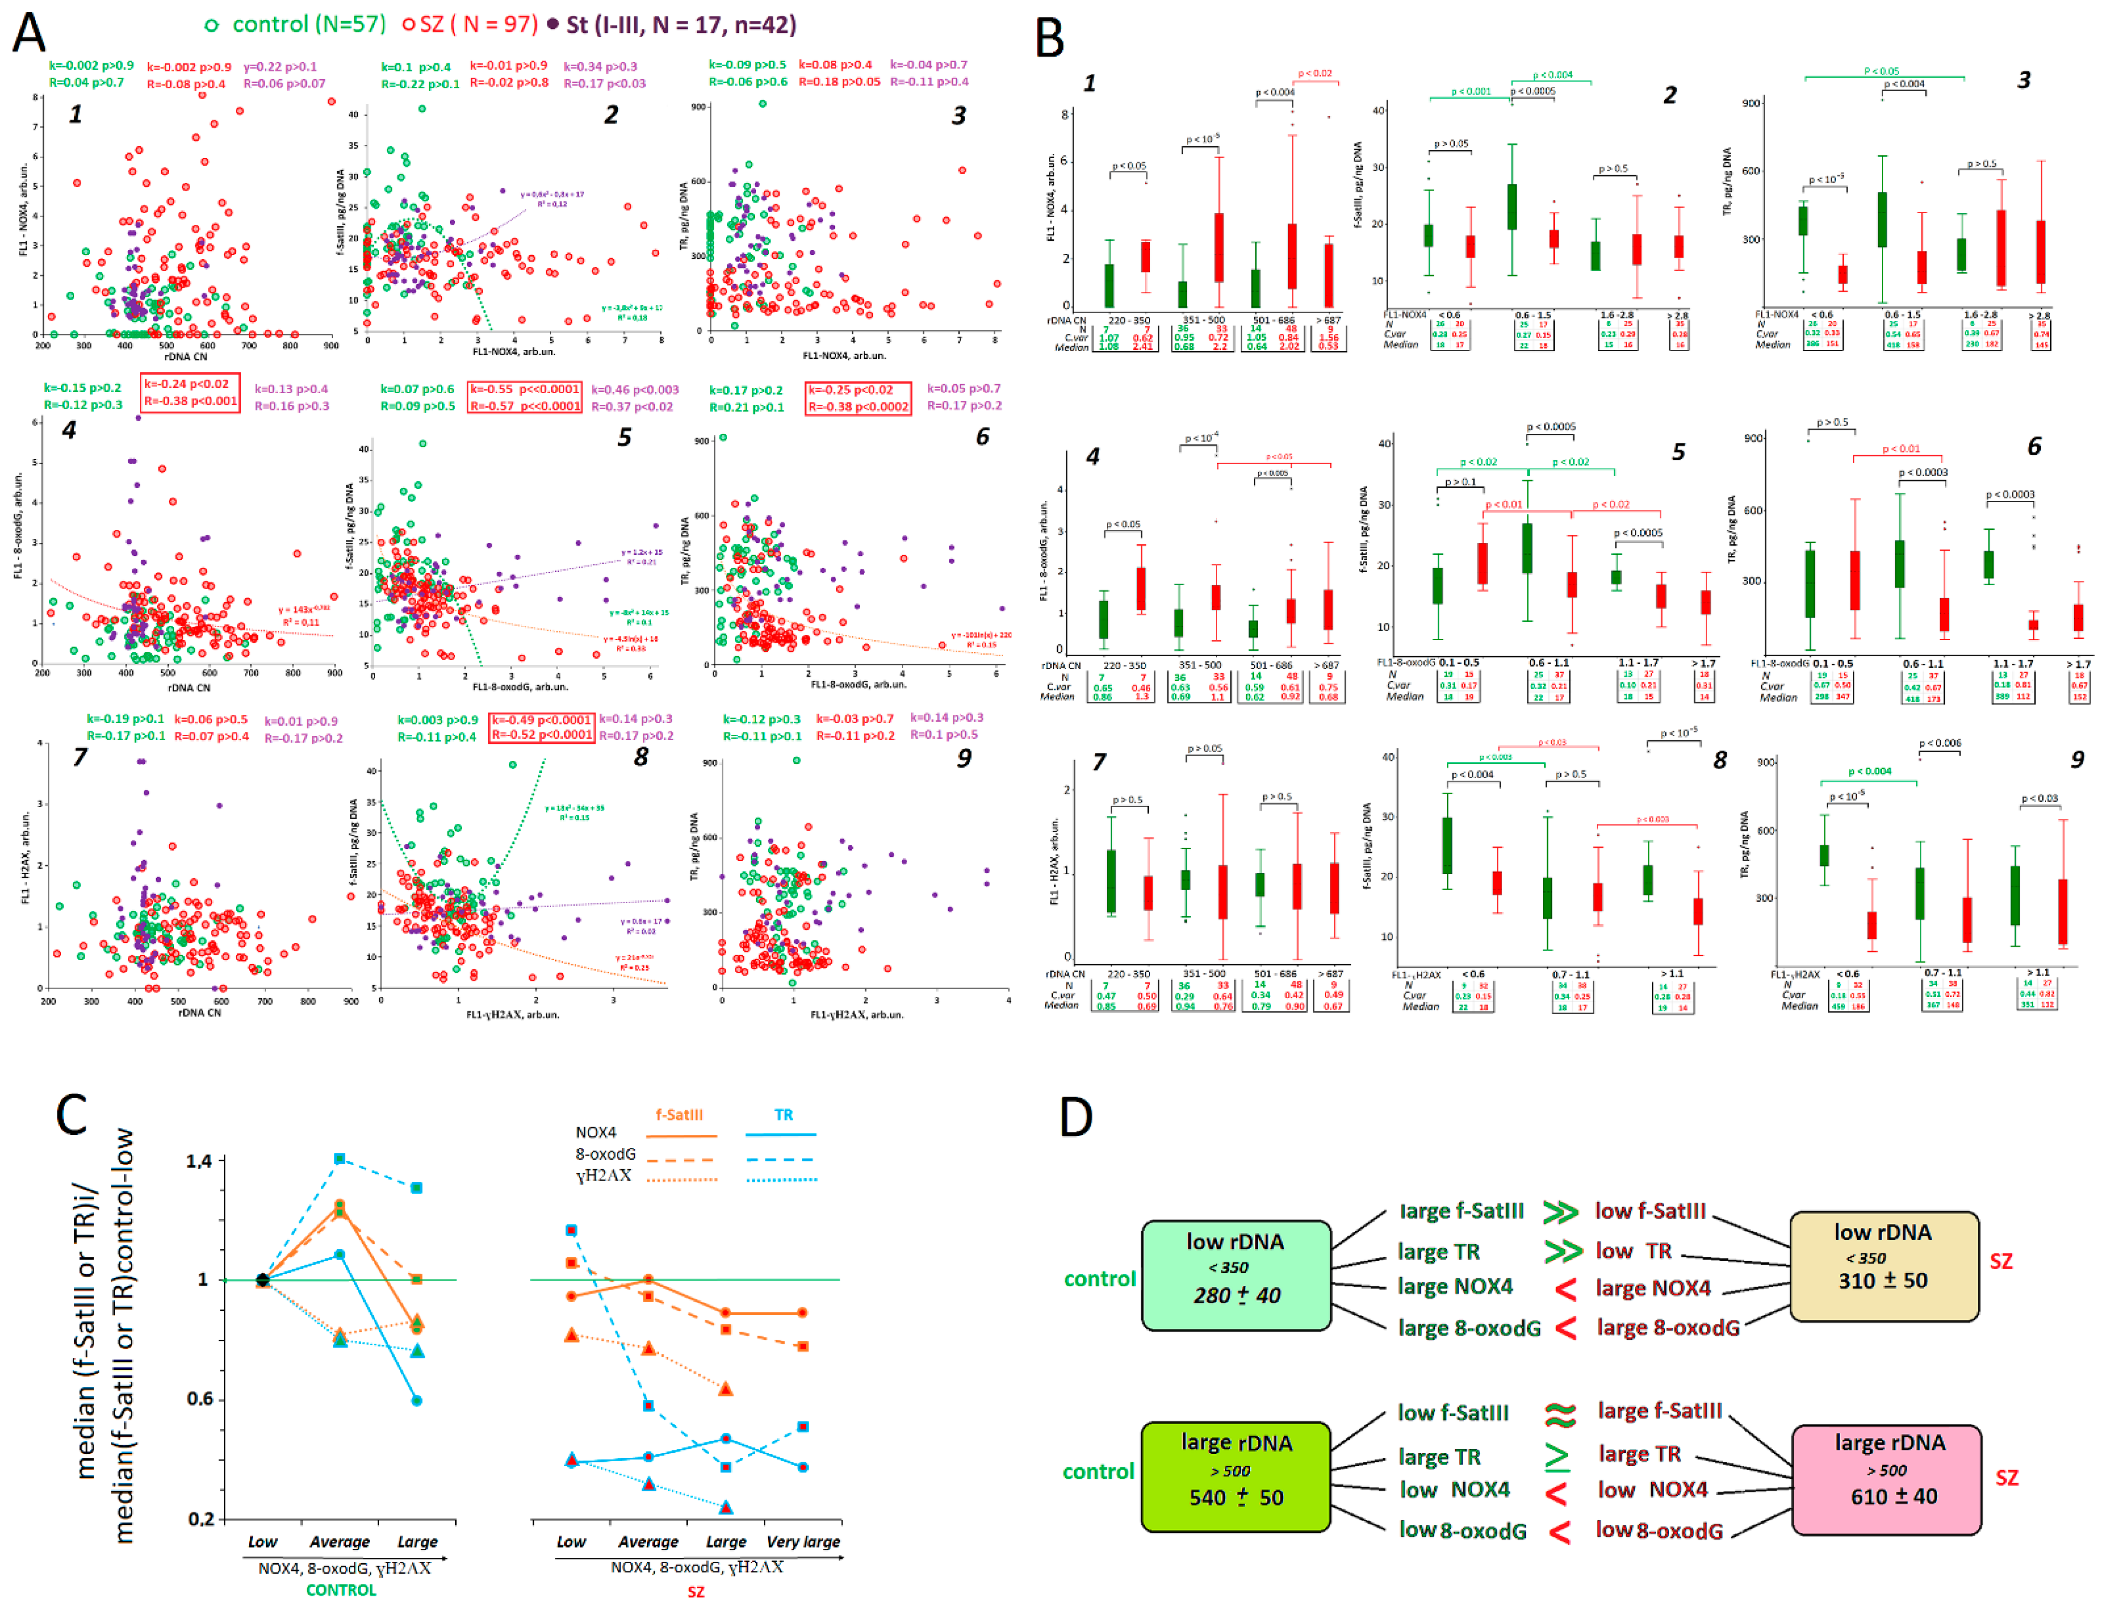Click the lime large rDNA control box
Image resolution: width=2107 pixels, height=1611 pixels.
(x=1235, y=1475)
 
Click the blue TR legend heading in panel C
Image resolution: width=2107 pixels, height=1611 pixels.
(x=783, y=1114)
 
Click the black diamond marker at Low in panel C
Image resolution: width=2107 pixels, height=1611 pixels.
(x=263, y=1279)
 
